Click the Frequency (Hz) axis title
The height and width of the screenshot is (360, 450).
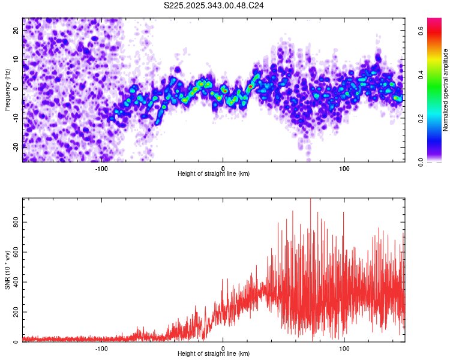[7, 90]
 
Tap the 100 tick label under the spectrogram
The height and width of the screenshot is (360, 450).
[344, 168]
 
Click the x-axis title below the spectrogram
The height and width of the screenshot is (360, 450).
[214, 173]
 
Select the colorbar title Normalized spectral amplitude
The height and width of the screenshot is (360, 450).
[446, 90]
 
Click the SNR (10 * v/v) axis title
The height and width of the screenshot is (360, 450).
[7, 270]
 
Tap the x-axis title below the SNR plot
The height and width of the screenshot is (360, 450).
[214, 353]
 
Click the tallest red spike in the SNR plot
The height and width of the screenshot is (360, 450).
[310, 202]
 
